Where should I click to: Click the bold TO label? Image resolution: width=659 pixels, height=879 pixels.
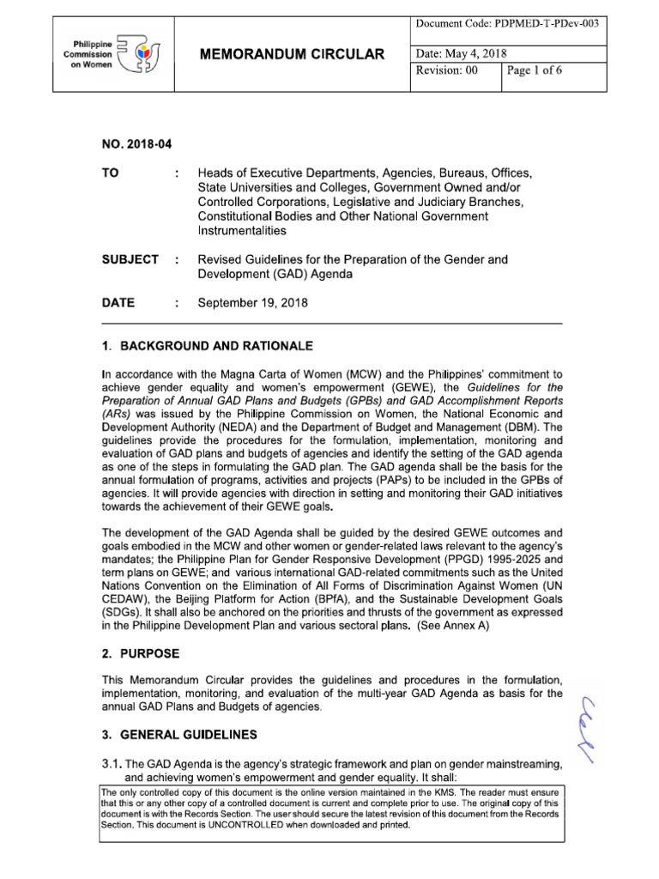tap(111, 173)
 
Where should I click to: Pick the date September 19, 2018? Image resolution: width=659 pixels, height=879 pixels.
tap(252, 302)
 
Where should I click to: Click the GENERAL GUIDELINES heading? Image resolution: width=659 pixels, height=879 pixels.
tap(181, 736)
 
